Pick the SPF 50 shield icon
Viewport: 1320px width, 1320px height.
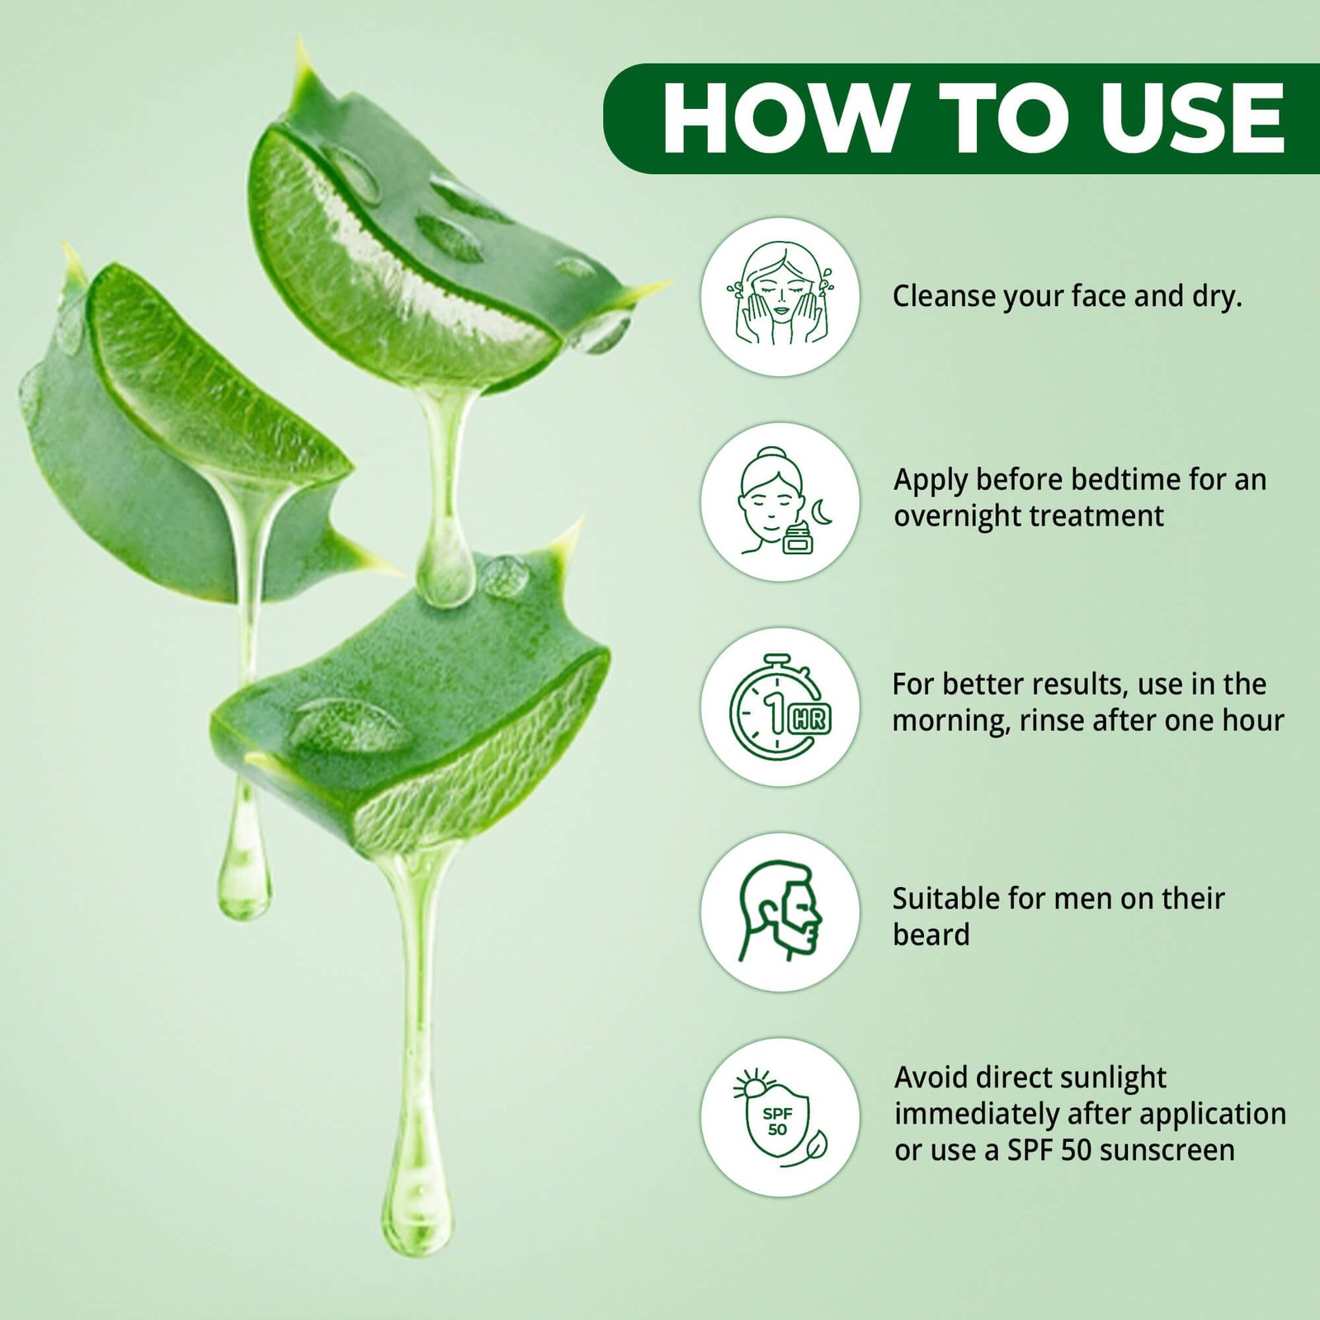pos(780,1117)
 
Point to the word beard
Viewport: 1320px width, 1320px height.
pos(931,935)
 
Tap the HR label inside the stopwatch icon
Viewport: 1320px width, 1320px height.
pos(808,719)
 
